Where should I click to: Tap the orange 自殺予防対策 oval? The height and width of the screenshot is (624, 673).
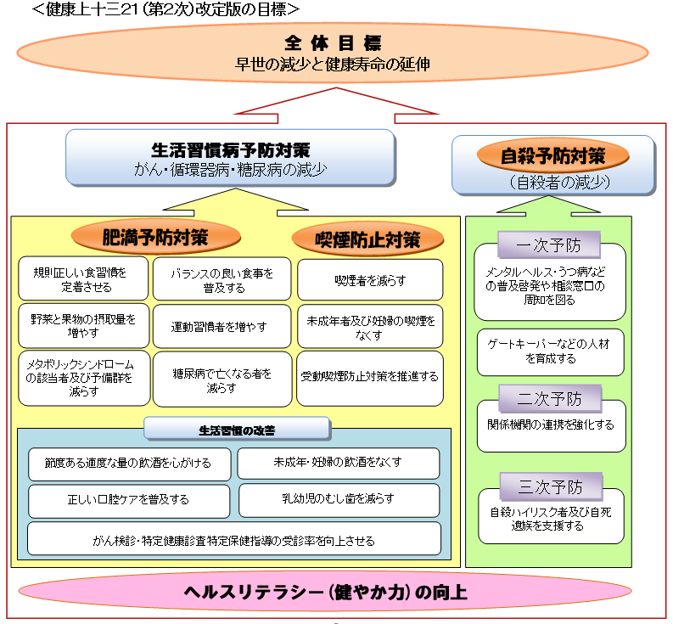pos(552,155)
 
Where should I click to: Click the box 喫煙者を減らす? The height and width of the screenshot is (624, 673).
pos(370,279)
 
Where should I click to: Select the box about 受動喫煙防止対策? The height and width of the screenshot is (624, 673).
pos(370,376)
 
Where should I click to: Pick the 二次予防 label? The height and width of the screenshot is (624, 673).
pos(550,399)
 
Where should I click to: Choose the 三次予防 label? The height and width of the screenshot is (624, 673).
pos(550,487)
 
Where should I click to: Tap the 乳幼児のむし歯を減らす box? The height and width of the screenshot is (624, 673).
pos(339,499)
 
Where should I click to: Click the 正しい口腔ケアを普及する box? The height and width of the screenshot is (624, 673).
pos(129,500)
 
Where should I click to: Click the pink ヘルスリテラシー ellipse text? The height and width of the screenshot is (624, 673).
pos(326,592)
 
